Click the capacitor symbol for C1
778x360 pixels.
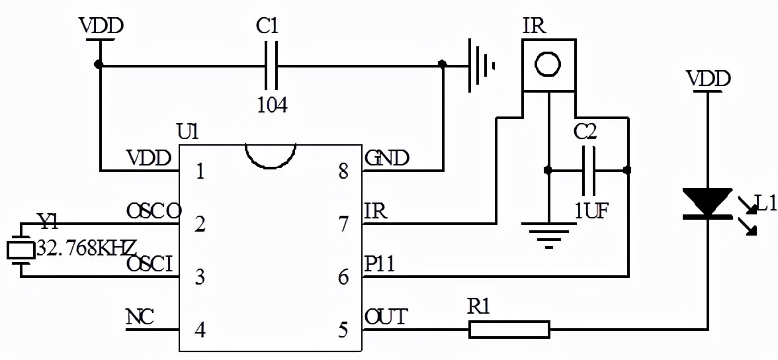click(271, 66)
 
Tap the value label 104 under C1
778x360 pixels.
click(271, 105)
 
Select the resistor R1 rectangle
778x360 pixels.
click(509, 329)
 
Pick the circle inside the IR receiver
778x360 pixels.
click(548, 65)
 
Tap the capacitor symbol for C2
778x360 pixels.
click(586, 171)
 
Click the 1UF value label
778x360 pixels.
click(591, 210)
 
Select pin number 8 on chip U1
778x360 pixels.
click(343, 172)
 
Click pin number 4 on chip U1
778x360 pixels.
click(200, 329)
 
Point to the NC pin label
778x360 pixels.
click(140, 318)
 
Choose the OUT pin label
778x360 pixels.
click(386, 318)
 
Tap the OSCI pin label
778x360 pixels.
click(150, 265)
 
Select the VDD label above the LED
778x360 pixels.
click(709, 79)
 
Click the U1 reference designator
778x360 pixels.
click(189, 132)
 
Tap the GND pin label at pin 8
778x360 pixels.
click(387, 159)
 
